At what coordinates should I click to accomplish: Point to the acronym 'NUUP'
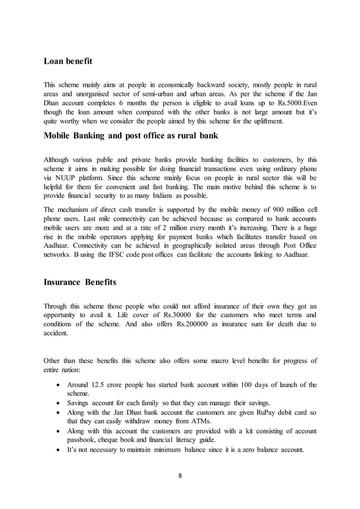click(x=63, y=175)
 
